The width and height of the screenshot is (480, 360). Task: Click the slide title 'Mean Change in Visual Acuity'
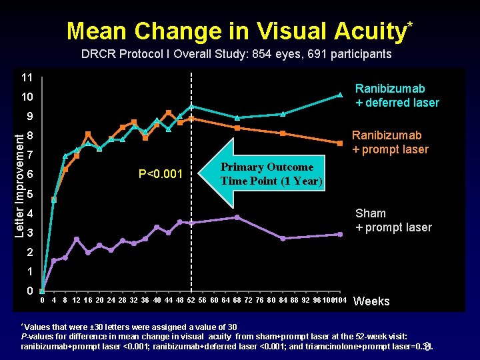click(x=237, y=31)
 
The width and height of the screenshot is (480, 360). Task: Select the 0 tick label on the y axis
click(x=29, y=291)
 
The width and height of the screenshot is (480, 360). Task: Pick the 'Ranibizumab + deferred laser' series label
click(x=397, y=95)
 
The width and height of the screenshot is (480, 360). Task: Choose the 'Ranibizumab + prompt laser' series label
click(x=390, y=142)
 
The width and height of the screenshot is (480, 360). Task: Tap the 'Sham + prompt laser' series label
click(x=393, y=220)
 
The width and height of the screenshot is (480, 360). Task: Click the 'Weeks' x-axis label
click(x=371, y=301)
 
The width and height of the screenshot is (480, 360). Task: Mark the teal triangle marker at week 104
click(x=339, y=95)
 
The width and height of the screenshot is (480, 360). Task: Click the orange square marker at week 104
click(x=340, y=142)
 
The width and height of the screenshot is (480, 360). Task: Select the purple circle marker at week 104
click(x=340, y=234)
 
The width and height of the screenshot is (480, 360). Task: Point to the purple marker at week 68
click(x=237, y=217)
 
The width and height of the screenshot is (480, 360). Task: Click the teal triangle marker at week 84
click(x=283, y=114)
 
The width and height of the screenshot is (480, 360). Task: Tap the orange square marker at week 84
click(x=283, y=133)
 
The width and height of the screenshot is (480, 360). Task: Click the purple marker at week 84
click(x=283, y=238)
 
